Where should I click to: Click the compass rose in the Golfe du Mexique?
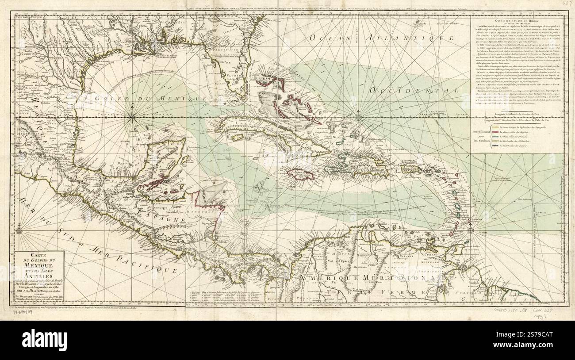133,117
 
